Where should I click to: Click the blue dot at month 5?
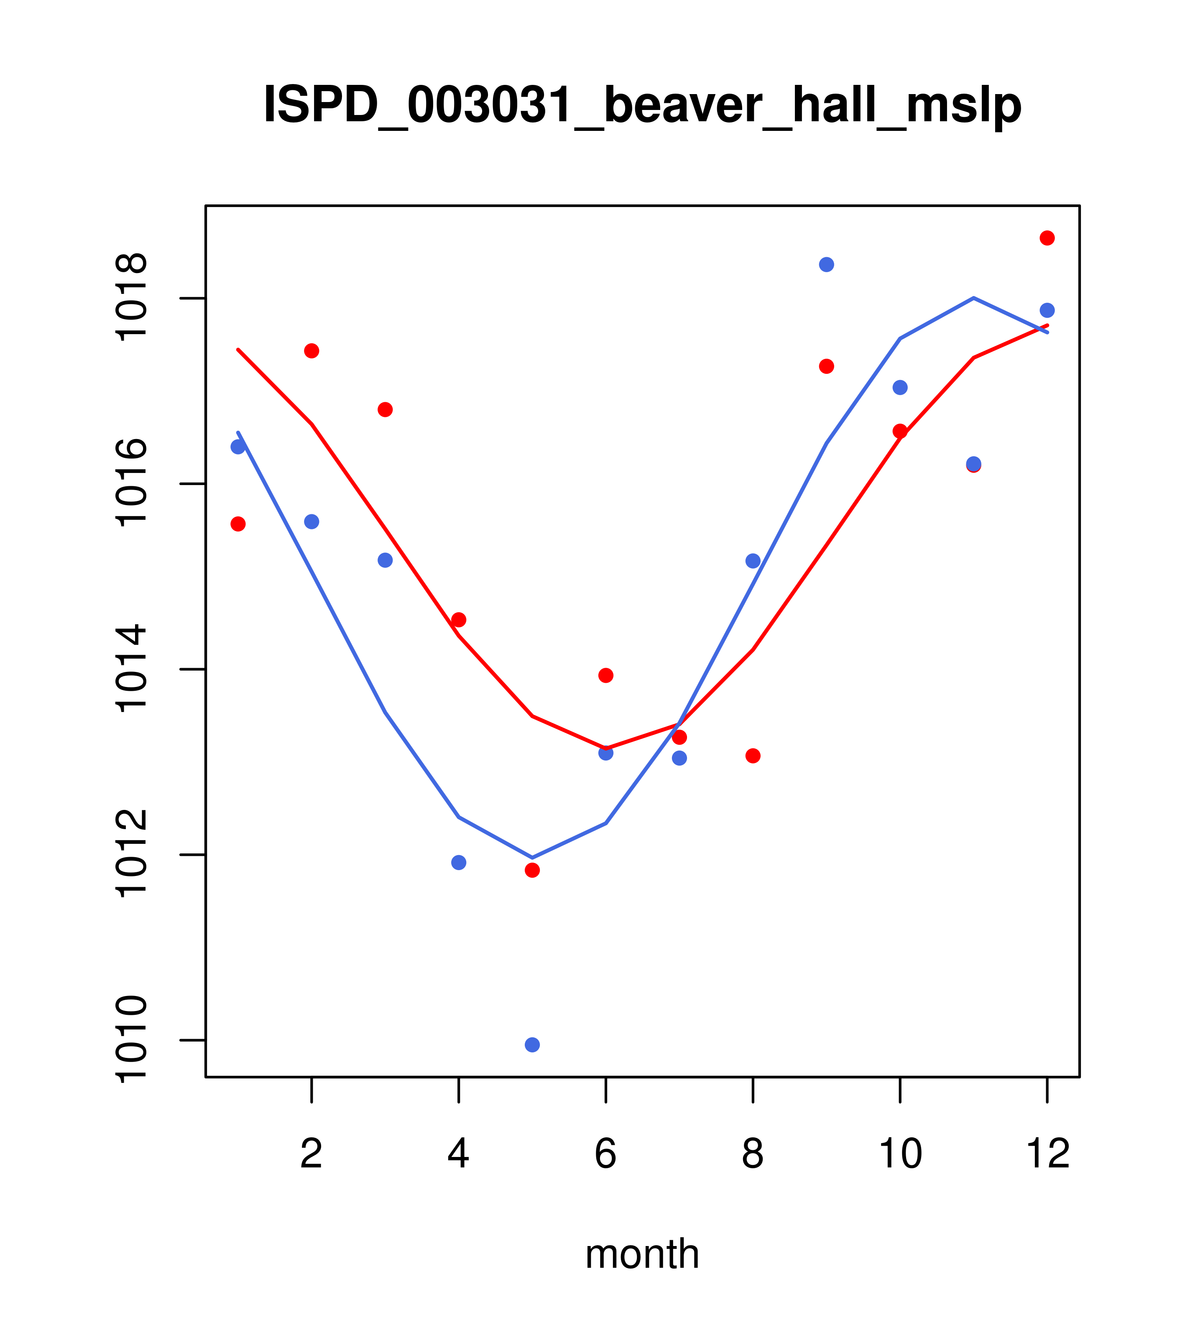click(x=532, y=1045)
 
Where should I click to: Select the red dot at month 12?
click(x=1047, y=238)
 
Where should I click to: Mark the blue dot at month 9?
click(x=826, y=264)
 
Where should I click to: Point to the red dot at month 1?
click(x=238, y=523)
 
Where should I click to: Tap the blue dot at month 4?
click(x=458, y=863)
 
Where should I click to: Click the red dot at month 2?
click(x=312, y=351)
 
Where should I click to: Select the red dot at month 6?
click(x=606, y=675)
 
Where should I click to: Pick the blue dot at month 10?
click(x=900, y=387)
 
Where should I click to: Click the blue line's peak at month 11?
click(x=974, y=298)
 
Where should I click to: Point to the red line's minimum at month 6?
click(x=606, y=748)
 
